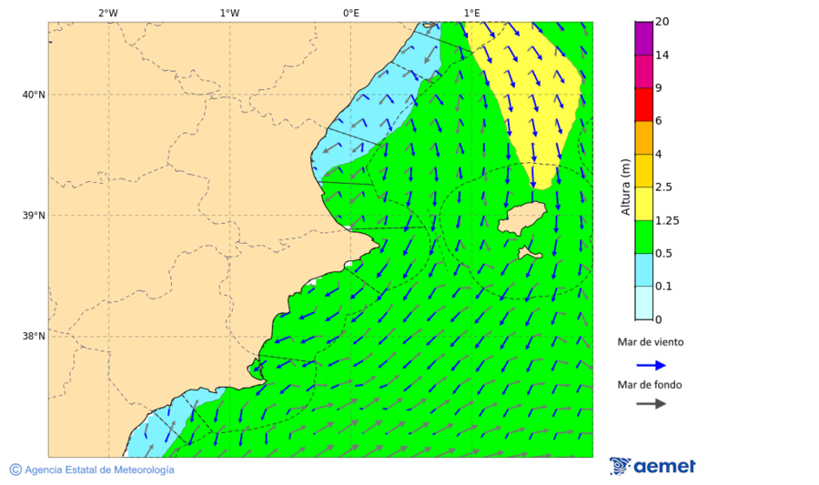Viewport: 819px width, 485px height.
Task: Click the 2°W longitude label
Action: coord(107,13)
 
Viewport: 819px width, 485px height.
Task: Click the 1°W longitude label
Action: coord(229,13)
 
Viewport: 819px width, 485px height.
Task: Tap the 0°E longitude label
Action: coord(350,13)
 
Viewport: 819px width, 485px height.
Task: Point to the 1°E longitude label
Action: coord(471,13)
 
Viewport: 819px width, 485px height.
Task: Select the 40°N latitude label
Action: coord(34,95)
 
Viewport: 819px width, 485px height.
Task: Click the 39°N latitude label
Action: coord(34,216)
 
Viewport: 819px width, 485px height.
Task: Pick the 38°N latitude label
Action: coord(34,337)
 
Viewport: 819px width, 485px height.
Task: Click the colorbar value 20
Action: coord(663,22)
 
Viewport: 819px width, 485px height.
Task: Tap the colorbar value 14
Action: coord(663,56)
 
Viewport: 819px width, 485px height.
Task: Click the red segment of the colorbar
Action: coord(643,105)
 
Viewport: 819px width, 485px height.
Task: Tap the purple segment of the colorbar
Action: coord(643,38)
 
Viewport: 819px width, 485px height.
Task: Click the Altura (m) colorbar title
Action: coord(625,187)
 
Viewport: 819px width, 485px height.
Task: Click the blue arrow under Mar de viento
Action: coord(651,365)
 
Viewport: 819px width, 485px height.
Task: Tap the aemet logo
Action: coord(652,466)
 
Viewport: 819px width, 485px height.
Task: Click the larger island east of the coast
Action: coord(522,217)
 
